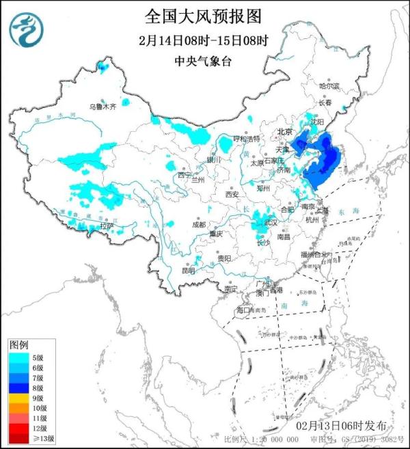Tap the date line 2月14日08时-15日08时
pyautogui.click(x=203, y=40)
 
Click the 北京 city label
pyautogui.click(x=284, y=132)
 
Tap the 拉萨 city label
pyautogui.click(x=106, y=225)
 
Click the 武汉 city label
pyautogui.click(x=271, y=223)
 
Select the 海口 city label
pyautogui.click(x=244, y=310)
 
